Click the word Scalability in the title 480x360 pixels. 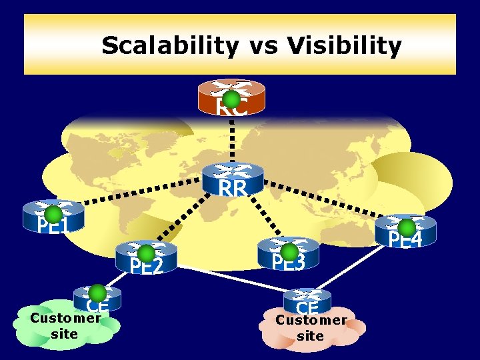click(169, 46)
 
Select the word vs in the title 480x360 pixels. click(265, 47)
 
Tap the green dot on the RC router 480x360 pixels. click(231, 99)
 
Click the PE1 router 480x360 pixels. click(53, 216)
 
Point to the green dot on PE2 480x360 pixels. click(146, 253)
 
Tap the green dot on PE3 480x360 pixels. click(289, 251)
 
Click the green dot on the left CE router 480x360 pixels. click(97, 293)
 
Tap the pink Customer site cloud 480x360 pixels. click(312, 329)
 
